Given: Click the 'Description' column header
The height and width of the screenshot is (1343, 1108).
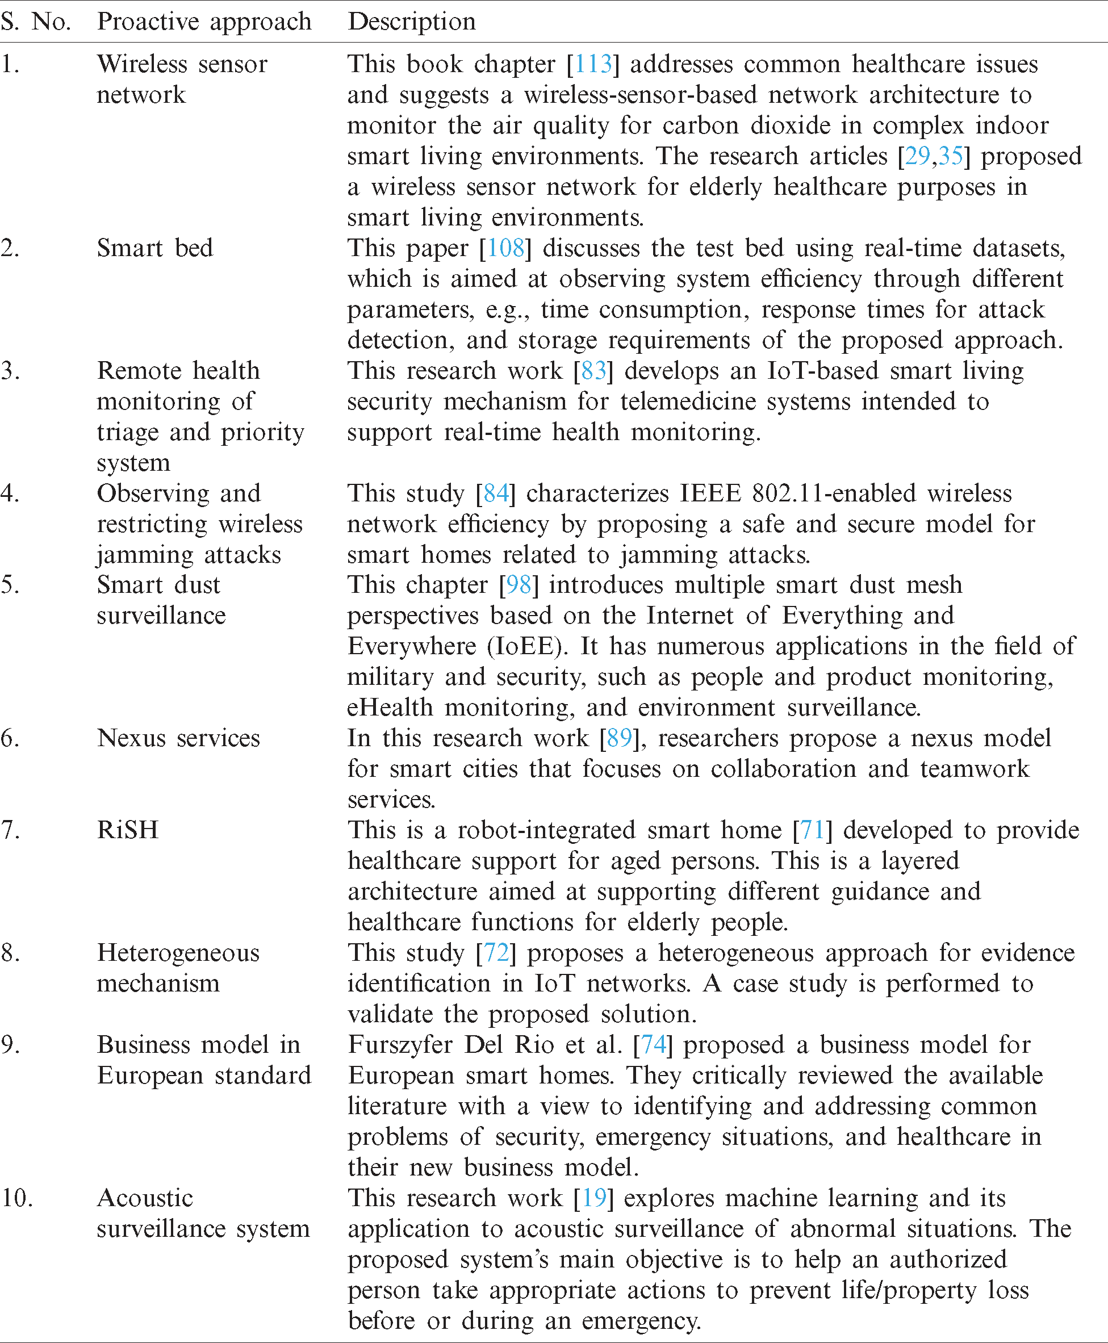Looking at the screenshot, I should pyautogui.click(x=412, y=22).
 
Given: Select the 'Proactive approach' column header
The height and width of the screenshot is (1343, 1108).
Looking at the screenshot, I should pyautogui.click(x=204, y=22).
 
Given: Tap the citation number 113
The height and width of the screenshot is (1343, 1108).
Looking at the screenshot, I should pyautogui.click(x=593, y=65).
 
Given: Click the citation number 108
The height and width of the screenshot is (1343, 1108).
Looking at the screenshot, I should pyautogui.click(x=506, y=248).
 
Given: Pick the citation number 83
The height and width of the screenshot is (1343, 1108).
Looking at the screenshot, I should pyautogui.click(x=593, y=371).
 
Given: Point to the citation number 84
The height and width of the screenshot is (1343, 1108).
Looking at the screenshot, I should pyautogui.click(x=496, y=493).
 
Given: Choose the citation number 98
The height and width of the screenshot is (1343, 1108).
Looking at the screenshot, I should pyautogui.click(x=519, y=585).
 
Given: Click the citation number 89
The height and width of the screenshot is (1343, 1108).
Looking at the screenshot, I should pyautogui.click(x=619, y=739).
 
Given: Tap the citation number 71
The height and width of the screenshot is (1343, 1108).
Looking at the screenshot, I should pyautogui.click(x=813, y=830).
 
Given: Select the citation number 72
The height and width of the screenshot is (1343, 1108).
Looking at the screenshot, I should pyautogui.click(x=496, y=953).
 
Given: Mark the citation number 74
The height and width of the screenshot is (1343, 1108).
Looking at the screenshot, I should pyautogui.click(x=653, y=1045).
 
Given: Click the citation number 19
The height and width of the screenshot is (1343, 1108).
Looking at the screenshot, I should pyautogui.click(x=593, y=1198).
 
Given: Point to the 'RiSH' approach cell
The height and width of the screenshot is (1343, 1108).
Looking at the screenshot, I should pyautogui.click(x=128, y=830).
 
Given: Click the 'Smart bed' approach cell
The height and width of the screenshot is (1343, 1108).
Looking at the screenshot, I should pyautogui.click(x=154, y=248).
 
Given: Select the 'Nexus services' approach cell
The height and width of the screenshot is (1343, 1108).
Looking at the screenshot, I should pyautogui.click(x=178, y=739).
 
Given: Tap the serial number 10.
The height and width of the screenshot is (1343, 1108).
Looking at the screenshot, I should pyautogui.click(x=16, y=1198).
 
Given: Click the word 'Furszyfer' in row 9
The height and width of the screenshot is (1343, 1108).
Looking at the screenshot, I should pyautogui.click(x=400, y=1045).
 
